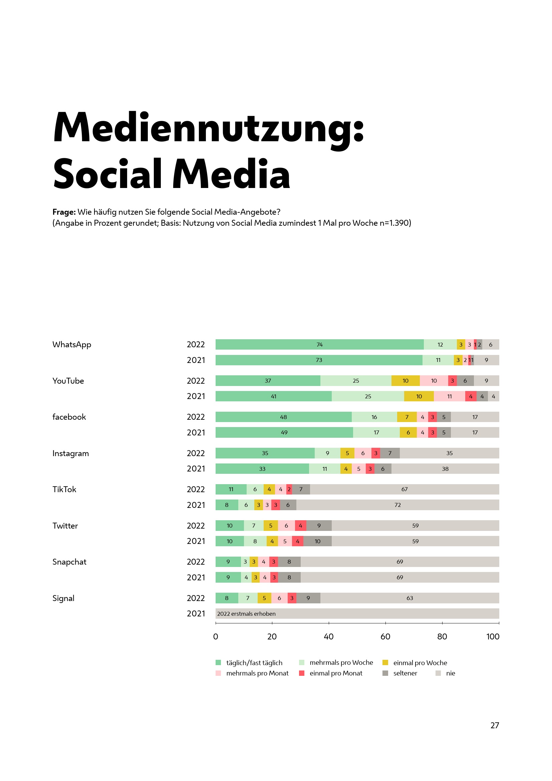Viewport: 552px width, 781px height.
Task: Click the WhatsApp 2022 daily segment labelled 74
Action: tap(319, 345)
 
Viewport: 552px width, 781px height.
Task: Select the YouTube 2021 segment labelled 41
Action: tap(274, 396)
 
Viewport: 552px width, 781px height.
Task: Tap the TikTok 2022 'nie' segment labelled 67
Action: tap(404, 489)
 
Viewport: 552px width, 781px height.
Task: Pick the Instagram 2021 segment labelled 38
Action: tap(445, 469)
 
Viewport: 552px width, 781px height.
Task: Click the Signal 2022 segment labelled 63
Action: tap(410, 598)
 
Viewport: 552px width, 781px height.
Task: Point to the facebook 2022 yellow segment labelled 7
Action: tap(407, 417)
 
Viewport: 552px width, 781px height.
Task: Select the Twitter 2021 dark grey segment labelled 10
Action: tap(317, 541)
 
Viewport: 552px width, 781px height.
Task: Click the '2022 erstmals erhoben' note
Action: tap(246, 614)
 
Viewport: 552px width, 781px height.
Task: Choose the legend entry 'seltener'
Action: tap(405, 673)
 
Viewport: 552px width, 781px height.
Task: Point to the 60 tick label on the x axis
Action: tap(385, 636)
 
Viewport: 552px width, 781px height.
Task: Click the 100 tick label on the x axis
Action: tap(493, 636)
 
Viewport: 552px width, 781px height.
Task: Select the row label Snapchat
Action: tap(69, 562)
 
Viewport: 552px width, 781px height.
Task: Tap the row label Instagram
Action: tap(71, 453)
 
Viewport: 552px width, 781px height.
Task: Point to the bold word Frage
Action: tap(64, 212)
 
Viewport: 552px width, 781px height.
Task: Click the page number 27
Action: tap(495, 725)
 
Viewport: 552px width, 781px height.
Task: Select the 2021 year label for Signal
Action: tap(196, 614)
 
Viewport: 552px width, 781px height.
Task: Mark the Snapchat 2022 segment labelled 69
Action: tap(400, 562)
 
